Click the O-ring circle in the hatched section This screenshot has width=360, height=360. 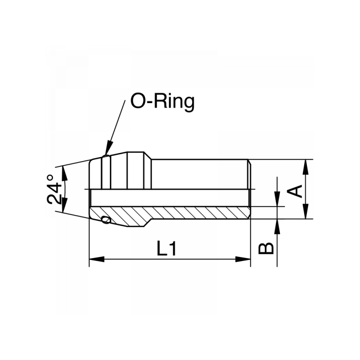[106, 220]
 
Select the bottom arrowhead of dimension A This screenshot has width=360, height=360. [306, 213]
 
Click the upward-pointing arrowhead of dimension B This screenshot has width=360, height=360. [278, 225]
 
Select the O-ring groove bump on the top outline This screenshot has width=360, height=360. [105, 156]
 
